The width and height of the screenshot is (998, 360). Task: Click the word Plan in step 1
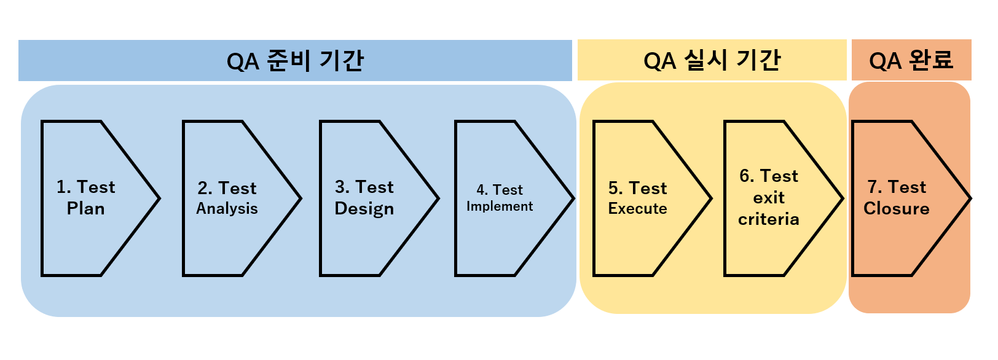[x=85, y=209]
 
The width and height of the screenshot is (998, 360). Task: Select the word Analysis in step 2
[x=227, y=209]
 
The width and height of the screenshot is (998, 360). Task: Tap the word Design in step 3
[x=364, y=209]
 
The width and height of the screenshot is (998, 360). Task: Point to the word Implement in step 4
[x=499, y=206]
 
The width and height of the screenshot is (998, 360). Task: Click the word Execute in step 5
[x=637, y=209]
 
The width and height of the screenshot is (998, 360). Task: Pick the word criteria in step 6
[x=768, y=219]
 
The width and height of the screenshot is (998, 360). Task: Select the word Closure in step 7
[x=896, y=209]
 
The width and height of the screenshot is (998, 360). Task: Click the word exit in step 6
[x=769, y=198]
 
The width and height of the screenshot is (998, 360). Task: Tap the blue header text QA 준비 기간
[x=295, y=61]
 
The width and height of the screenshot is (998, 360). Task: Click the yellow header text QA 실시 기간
[x=712, y=61]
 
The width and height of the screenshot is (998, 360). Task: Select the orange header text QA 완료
[x=911, y=61]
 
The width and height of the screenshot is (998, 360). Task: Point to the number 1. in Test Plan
[x=63, y=187]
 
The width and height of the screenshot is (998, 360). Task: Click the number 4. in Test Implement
[x=482, y=190]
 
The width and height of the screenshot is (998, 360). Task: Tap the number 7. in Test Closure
[x=874, y=187]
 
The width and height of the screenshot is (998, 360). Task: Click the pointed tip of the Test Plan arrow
[x=159, y=198]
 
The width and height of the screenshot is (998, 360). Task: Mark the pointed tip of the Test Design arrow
[x=438, y=198]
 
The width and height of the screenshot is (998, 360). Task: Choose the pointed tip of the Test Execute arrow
[x=710, y=198]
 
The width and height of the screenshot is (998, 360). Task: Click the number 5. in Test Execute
[x=615, y=188]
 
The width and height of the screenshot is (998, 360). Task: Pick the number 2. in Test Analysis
[x=205, y=188]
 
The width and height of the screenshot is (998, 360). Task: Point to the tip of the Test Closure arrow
[x=970, y=198]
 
